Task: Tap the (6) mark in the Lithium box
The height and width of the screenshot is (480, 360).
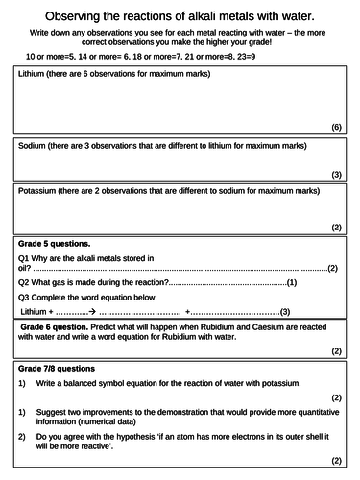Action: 336,127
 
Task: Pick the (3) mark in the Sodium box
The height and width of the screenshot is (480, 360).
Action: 336,174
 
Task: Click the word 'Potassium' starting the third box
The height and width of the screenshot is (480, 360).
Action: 40,191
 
